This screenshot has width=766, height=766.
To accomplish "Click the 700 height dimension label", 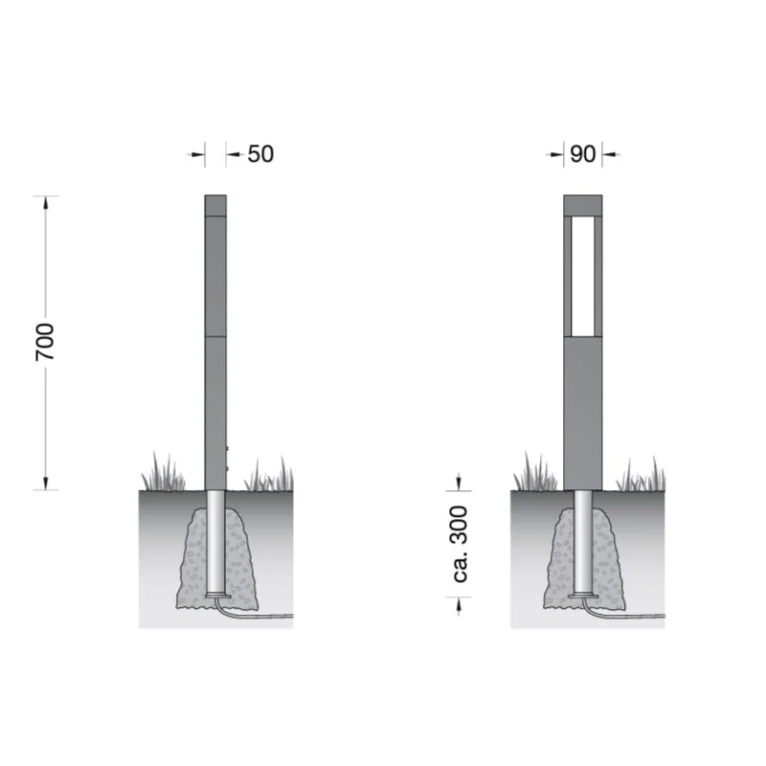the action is [45, 342].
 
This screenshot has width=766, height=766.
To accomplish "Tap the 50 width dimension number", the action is [260, 154].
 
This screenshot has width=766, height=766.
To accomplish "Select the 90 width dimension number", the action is [582, 154].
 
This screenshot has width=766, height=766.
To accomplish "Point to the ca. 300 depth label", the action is [461, 544].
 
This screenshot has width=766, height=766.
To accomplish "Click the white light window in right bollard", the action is [583, 276].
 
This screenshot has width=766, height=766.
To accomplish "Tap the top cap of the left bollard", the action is [215, 205].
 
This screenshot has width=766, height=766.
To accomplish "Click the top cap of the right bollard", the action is [583, 205].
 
